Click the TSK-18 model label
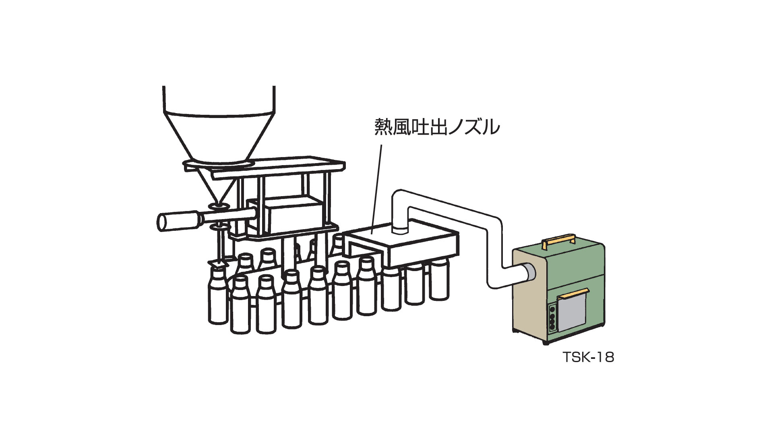(x=588, y=357)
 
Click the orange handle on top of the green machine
(x=558, y=240)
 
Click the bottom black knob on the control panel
(x=552, y=327)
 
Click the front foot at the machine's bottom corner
(x=546, y=342)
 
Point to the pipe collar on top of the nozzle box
(x=400, y=229)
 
